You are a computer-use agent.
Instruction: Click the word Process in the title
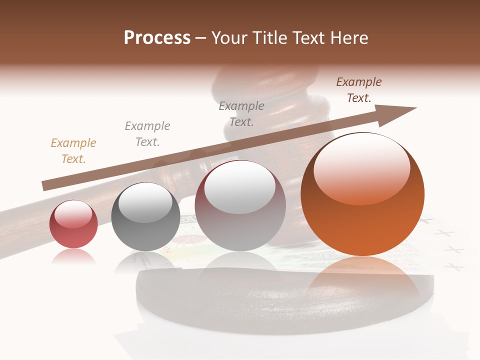(x=157, y=37)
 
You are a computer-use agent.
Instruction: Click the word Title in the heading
(x=270, y=37)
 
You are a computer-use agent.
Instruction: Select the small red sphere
(x=73, y=224)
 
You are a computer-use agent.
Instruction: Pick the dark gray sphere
(x=145, y=217)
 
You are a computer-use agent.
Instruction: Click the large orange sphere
(x=362, y=195)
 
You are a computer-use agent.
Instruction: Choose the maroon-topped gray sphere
(x=240, y=206)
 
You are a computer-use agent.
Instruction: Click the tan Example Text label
(x=73, y=151)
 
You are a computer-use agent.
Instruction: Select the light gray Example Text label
(x=147, y=134)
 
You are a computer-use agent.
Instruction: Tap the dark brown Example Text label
(x=359, y=90)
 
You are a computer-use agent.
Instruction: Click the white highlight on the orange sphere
(x=361, y=167)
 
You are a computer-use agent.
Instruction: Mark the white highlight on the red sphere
(x=73, y=214)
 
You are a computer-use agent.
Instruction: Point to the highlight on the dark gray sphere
(x=145, y=202)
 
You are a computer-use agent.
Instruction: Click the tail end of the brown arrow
(x=46, y=185)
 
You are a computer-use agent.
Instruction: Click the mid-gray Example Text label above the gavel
(x=241, y=114)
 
